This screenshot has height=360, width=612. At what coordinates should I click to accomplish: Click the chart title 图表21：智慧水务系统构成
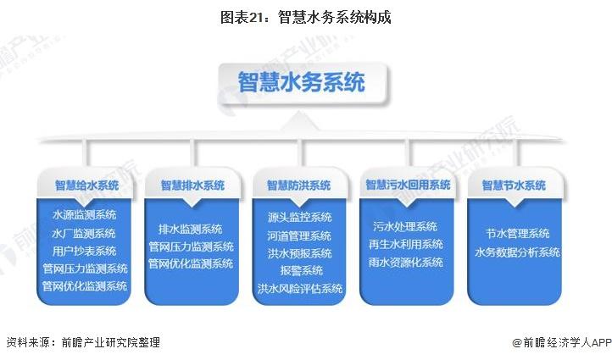(306, 17)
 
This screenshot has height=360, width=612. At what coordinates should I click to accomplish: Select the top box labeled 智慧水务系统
(303, 83)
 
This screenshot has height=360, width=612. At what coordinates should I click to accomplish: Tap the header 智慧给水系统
(86, 185)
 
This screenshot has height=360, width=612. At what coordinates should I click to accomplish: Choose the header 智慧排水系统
(192, 185)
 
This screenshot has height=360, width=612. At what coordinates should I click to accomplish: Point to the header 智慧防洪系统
(299, 185)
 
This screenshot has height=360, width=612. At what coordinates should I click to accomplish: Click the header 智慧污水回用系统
(408, 185)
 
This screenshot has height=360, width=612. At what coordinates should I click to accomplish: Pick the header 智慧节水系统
(514, 185)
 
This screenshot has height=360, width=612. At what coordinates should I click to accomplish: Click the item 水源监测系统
(84, 214)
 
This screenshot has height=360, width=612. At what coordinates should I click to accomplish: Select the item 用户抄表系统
(84, 251)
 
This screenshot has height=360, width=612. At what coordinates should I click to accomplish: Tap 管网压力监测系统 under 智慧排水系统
(192, 246)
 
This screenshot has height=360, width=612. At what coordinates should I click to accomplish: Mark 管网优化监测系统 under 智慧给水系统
(85, 286)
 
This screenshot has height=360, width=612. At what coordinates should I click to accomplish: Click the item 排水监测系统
(191, 229)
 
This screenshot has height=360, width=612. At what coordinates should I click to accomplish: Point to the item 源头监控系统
(300, 217)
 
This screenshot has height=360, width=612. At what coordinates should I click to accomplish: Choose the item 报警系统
(301, 270)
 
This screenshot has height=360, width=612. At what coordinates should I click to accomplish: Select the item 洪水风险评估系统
(300, 289)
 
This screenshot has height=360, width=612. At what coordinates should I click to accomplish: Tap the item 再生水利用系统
(406, 244)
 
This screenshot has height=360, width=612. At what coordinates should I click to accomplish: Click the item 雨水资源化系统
(406, 262)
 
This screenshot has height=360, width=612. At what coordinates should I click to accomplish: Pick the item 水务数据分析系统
(518, 252)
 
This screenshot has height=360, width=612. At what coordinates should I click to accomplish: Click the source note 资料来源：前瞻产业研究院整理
(83, 342)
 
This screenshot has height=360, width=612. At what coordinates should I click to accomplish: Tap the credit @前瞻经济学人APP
(562, 342)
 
